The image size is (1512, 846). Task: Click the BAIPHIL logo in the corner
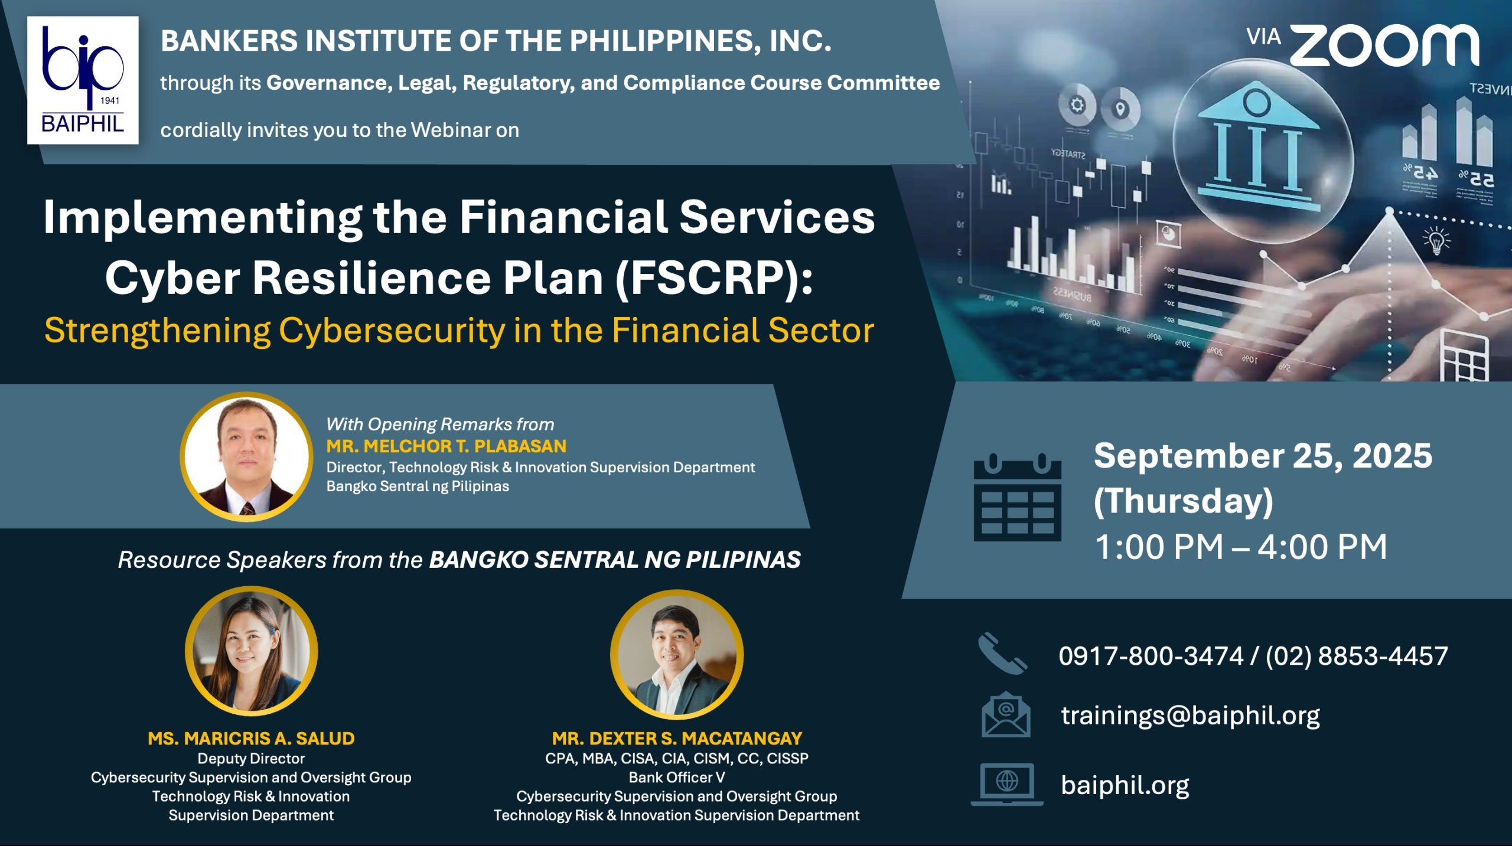tap(83, 80)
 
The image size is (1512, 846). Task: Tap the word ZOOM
tap(1384, 45)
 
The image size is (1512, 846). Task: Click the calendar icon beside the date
tap(1017, 497)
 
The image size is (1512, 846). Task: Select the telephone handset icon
tap(1002, 654)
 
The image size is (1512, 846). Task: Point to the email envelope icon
tap(1006, 714)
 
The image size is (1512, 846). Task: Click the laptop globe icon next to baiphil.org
tap(1007, 784)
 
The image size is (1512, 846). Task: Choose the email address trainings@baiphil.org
tap(1190, 715)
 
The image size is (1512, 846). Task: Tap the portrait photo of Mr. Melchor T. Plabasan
tap(246, 456)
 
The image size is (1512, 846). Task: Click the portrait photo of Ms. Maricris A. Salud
tap(251, 651)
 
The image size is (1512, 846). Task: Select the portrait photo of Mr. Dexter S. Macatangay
tap(676, 654)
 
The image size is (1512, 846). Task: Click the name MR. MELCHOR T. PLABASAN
tap(447, 446)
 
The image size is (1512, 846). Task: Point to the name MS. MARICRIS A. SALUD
tap(251, 738)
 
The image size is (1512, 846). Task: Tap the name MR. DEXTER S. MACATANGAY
tap(677, 738)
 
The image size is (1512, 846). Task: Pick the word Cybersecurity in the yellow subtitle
tap(392, 331)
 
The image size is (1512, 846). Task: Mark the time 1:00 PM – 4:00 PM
tap(1241, 547)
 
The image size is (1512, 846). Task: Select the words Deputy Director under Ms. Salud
tap(251, 759)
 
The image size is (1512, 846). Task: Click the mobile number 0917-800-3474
tap(1151, 656)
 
